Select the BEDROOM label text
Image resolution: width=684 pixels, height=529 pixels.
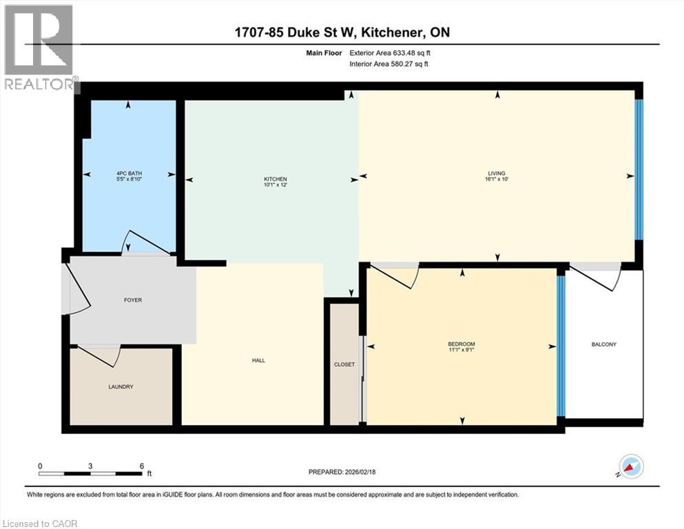[x=461, y=344]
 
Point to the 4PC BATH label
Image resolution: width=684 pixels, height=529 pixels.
[x=128, y=174]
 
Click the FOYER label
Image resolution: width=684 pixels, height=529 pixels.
[x=133, y=300]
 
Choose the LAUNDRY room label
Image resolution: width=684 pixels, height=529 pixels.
[x=121, y=387]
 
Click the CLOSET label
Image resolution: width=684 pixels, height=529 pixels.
[x=344, y=364]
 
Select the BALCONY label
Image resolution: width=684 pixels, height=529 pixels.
[x=603, y=344]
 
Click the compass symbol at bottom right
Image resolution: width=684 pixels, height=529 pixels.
[x=632, y=466]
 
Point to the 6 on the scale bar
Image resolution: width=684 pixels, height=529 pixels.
[x=141, y=466]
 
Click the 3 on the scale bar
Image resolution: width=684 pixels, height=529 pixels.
[x=90, y=466]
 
